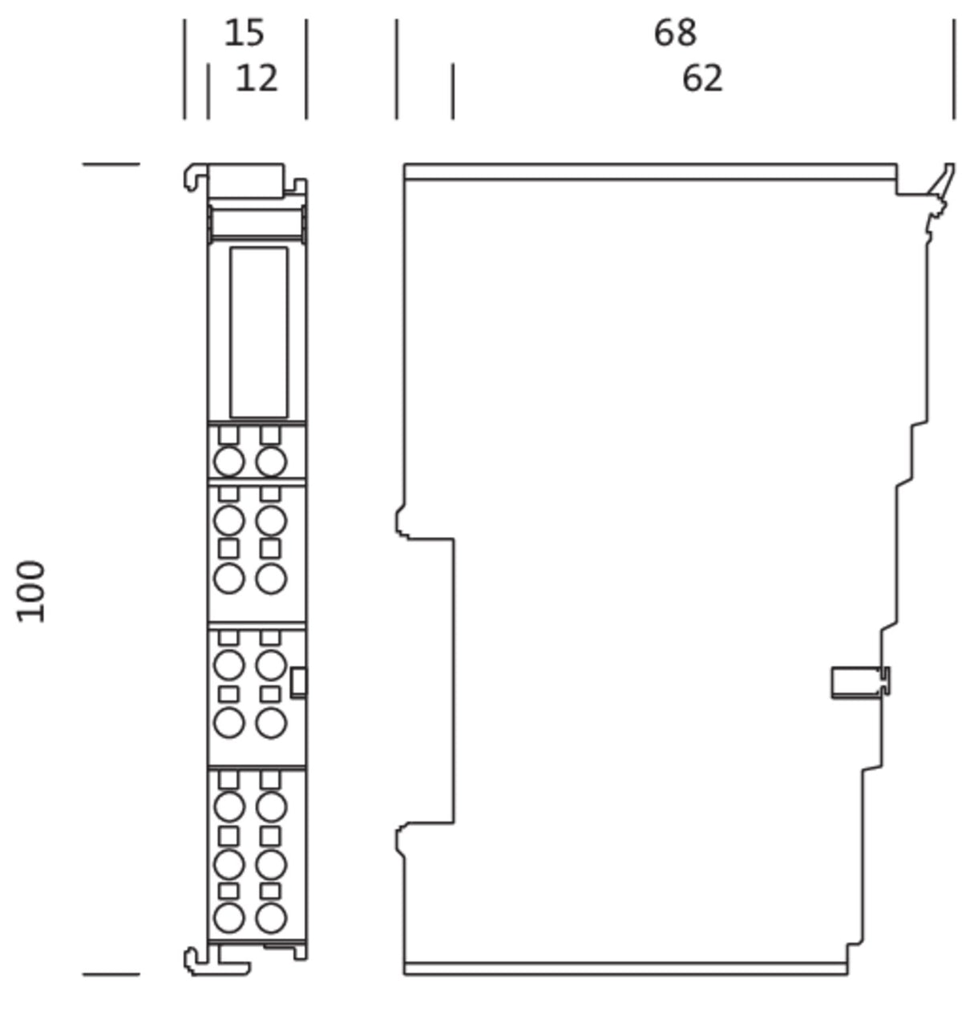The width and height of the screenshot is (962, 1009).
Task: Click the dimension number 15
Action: [245, 34]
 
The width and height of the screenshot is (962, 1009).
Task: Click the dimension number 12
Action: [257, 79]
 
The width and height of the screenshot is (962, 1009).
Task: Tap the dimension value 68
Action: [675, 34]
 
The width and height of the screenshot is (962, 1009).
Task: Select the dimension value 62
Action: [702, 79]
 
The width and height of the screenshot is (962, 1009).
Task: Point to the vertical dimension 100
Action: [30, 591]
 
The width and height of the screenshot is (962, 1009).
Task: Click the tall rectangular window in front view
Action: [259, 333]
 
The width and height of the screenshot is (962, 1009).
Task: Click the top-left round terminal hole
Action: [228, 462]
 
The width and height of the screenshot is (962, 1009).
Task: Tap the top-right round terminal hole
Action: [270, 462]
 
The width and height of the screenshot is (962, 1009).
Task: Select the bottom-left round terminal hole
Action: [228, 918]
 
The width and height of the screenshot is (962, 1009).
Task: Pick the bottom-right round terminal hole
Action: [270, 918]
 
